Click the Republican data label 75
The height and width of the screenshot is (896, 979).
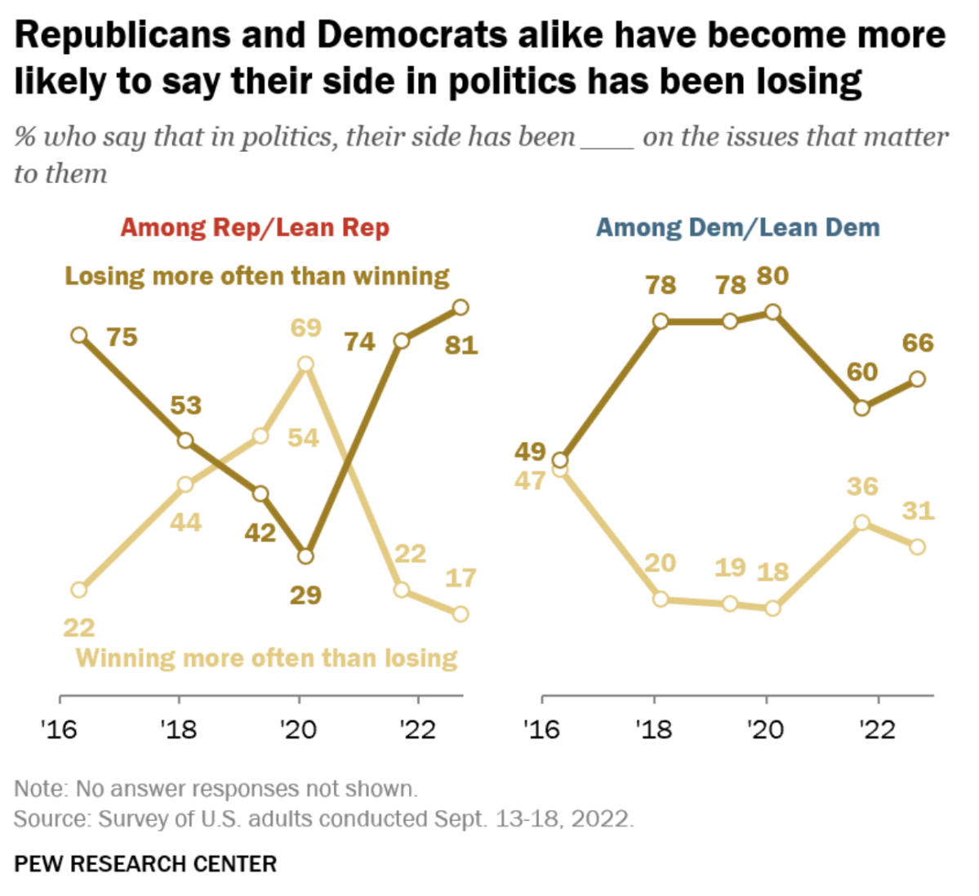122,337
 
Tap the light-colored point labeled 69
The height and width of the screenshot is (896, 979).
306,364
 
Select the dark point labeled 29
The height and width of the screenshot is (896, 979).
306,556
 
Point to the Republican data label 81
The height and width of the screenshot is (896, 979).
461,345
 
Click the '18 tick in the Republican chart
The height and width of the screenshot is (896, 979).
179,728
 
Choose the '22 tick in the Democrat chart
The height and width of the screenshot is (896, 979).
878,728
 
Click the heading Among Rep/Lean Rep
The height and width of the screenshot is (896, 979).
255,227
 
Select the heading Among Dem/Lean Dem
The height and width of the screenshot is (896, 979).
738,227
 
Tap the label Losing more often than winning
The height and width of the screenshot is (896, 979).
257,276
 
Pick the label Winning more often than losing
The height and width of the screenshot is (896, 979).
266,658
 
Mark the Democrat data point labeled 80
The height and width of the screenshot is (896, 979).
773,312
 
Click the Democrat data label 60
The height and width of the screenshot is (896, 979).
861,372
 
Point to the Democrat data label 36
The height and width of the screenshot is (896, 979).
862,486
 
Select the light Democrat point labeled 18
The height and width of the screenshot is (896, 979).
773,608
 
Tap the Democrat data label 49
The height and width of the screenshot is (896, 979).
530,451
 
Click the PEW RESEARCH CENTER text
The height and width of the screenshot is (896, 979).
145,863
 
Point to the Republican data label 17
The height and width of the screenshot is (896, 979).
461,577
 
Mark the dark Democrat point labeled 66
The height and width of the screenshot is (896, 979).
918,379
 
